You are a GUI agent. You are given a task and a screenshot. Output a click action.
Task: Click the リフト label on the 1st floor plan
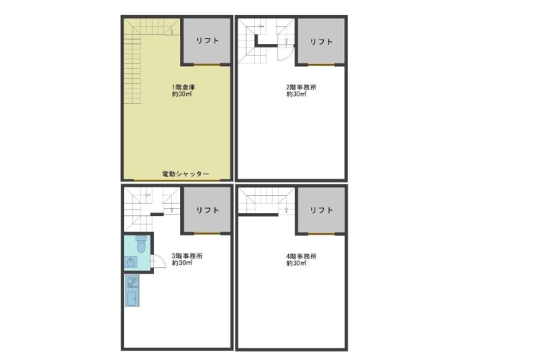click(207, 40)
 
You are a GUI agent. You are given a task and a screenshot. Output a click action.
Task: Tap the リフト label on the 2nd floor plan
click(321, 42)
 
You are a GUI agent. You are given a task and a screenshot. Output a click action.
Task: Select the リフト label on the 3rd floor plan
click(207, 210)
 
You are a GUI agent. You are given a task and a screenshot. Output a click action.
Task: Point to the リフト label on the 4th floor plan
click(321, 210)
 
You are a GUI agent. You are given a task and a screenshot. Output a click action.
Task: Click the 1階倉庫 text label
click(184, 87)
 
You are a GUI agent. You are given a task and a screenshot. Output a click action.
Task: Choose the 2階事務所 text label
click(302, 87)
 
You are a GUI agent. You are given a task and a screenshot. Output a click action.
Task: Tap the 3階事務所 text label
click(187, 256)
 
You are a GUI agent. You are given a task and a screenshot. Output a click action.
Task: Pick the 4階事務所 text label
click(302, 256)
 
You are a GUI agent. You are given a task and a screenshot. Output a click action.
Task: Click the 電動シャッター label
click(185, 174)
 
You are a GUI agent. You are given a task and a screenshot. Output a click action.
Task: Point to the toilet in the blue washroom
click(141, 244)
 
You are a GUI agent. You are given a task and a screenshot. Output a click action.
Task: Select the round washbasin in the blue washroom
click(130, 262)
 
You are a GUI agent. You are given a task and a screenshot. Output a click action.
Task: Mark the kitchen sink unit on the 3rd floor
click(132, 290)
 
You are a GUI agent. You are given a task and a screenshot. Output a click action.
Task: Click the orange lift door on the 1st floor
click(207, 64)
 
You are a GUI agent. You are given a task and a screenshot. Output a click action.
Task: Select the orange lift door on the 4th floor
click(321, 234)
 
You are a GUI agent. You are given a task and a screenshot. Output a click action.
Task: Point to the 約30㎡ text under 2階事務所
click(296, 94)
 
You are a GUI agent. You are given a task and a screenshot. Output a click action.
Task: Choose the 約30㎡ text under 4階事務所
click(296, 264)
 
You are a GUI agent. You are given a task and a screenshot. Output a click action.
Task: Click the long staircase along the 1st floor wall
click(132, 69)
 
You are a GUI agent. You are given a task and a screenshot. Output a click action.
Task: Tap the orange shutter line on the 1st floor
click(176, 180)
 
